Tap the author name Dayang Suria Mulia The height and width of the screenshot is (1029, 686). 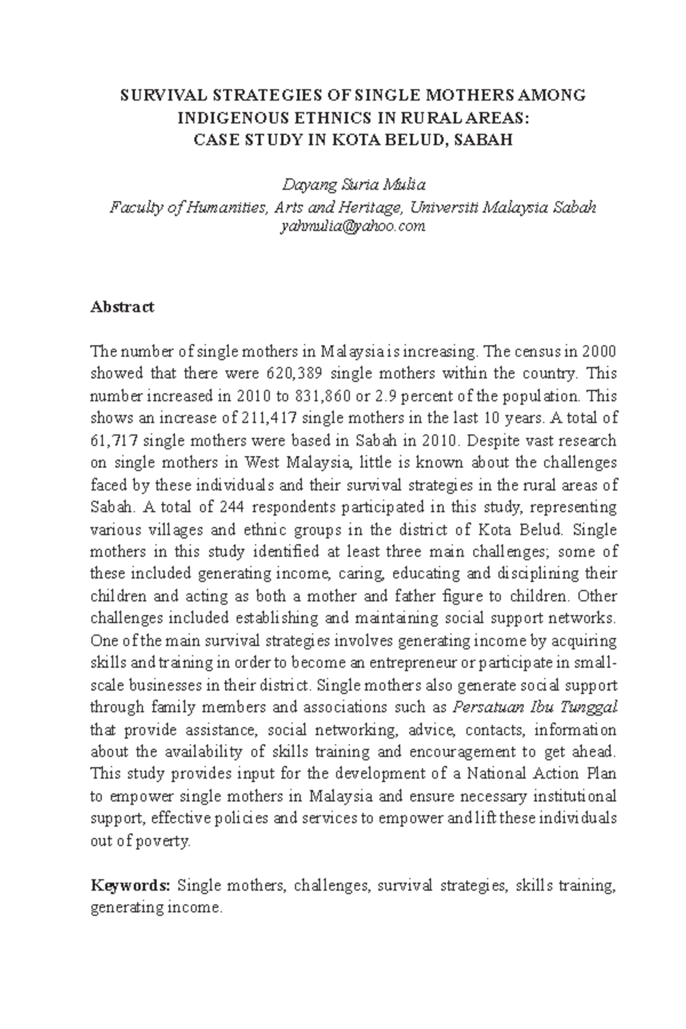point(354,185)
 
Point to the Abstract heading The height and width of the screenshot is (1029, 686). point(122,307)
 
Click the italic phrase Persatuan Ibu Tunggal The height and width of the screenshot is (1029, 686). point(535,708)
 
